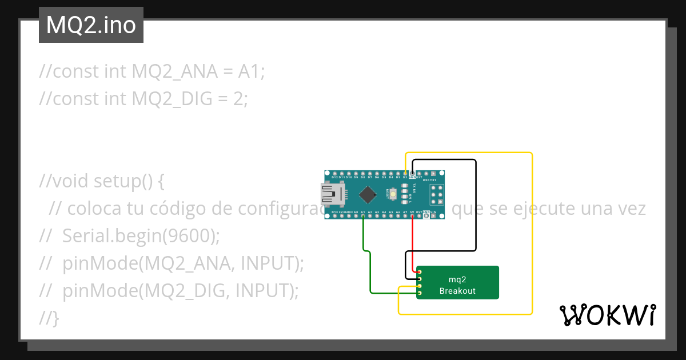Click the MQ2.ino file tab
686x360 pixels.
[91, 25]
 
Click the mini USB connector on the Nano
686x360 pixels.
[332, 195]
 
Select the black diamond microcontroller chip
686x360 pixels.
[367, 195]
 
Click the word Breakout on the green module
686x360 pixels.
[457, 291]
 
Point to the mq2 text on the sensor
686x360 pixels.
[457, 279]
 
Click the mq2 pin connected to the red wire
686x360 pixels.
[420, 272]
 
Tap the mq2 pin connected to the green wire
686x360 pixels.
[420, 293]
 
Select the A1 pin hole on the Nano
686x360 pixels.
[363, 217]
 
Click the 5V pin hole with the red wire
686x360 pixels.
[412, 217]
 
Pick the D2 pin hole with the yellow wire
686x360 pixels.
[405, 173]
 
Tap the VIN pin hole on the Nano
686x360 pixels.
[433, 217]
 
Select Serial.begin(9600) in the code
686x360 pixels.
[141, 235]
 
